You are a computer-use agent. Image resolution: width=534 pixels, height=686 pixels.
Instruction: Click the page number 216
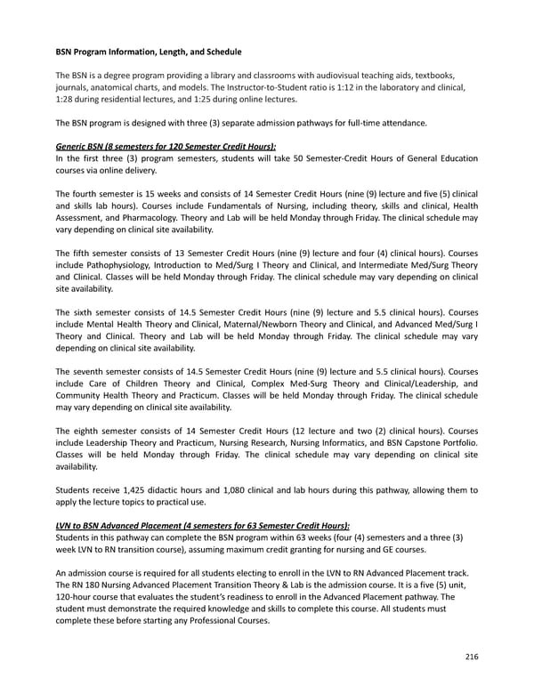472,657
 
